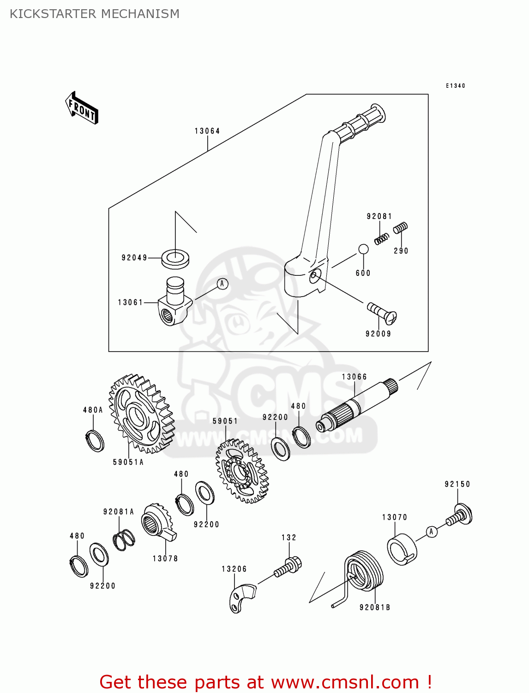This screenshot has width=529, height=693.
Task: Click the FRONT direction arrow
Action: tap(82, 108)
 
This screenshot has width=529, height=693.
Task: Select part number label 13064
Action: tap(207, 131)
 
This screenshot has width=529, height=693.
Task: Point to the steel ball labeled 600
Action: tap(363, 249)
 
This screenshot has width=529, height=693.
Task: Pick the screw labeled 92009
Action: tap(383, 314)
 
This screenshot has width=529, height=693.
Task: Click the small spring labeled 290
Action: tap(400, 228)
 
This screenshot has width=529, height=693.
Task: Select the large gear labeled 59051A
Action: tap(141, 414)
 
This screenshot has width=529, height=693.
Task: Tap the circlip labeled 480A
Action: tap(95, 440)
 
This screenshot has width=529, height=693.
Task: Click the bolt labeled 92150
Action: tap(460, 515)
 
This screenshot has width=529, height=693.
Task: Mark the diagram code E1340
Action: tap(455, 86)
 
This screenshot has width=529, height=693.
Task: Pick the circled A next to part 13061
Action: tap(222, 284)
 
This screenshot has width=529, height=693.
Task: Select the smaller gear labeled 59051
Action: tap(242, 471)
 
